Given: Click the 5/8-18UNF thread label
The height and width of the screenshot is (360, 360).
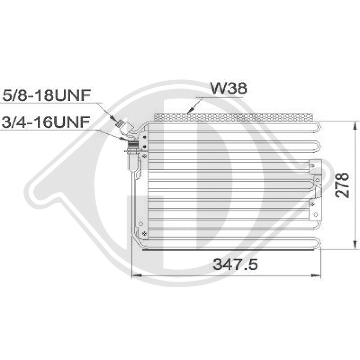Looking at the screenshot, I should click(x=45, y=96).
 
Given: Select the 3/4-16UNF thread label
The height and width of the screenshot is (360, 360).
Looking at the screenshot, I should click(x=45, y=121).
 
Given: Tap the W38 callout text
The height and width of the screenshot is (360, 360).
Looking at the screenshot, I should click(x=229, y=89).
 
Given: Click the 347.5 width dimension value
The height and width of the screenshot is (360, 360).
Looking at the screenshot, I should click(x=235, y=265).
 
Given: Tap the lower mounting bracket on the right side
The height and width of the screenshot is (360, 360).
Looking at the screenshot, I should click(x=314, y=208).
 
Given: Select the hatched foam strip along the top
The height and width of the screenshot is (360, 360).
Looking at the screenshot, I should click(x=234, y=117).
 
